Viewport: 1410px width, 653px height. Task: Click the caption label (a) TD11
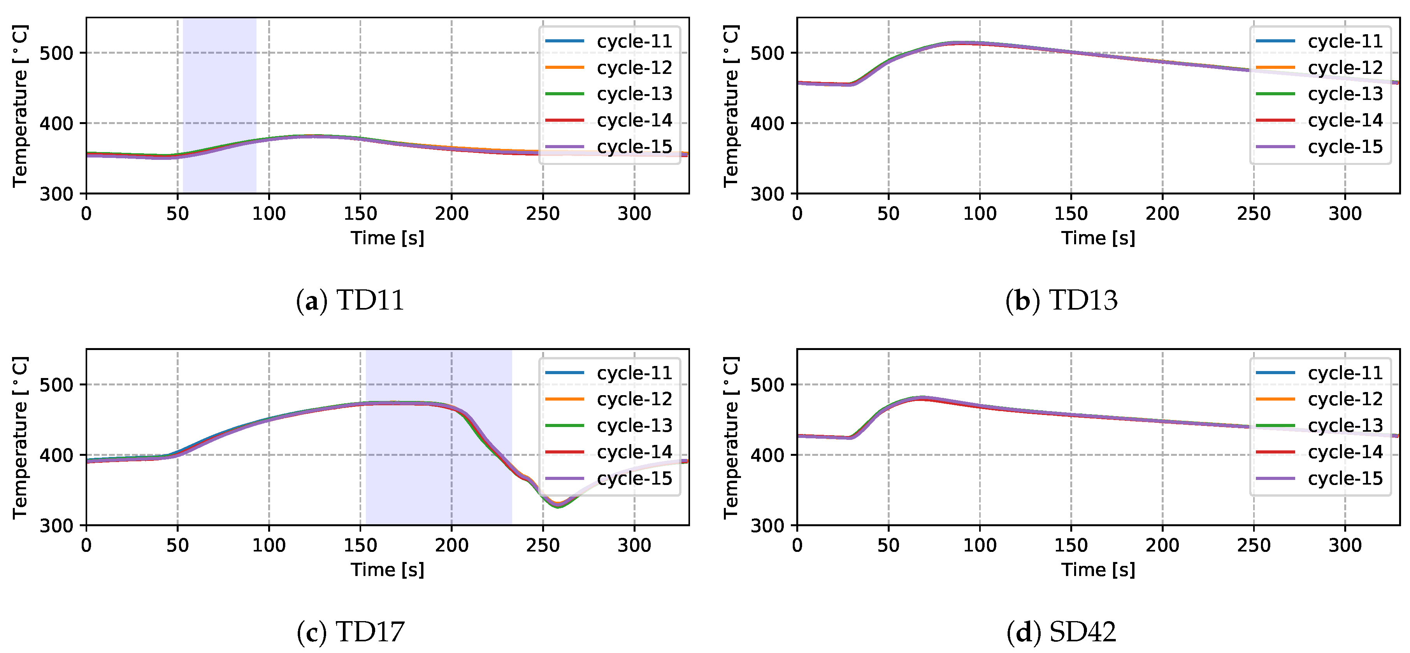click(x=350, y=300)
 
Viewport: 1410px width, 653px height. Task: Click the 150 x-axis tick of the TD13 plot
click(x=1071, y=213)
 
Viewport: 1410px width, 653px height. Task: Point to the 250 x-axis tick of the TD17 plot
click(x=543, y=545)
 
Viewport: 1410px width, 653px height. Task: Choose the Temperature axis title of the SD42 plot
click(x=731, y=438)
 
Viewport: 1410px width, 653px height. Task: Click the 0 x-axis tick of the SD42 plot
click(x=797, y=545)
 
